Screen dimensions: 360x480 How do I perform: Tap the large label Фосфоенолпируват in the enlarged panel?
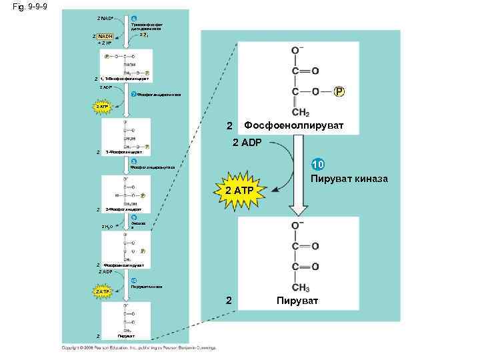(294, 125)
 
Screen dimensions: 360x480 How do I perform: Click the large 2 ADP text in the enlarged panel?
(247, 142)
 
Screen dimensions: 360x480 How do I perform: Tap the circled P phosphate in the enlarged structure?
(339, 92)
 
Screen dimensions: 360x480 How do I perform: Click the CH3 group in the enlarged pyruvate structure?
(301, 288)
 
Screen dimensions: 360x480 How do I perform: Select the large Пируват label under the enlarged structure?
(299, 301)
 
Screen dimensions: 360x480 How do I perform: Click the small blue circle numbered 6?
(133, 17)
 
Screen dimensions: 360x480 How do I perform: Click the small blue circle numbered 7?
(133, 94)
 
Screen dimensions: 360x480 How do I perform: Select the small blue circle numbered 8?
(133, 161)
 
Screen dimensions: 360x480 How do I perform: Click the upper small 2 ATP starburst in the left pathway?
(101, 105)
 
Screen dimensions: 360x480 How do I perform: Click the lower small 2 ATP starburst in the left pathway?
(101, 291)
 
